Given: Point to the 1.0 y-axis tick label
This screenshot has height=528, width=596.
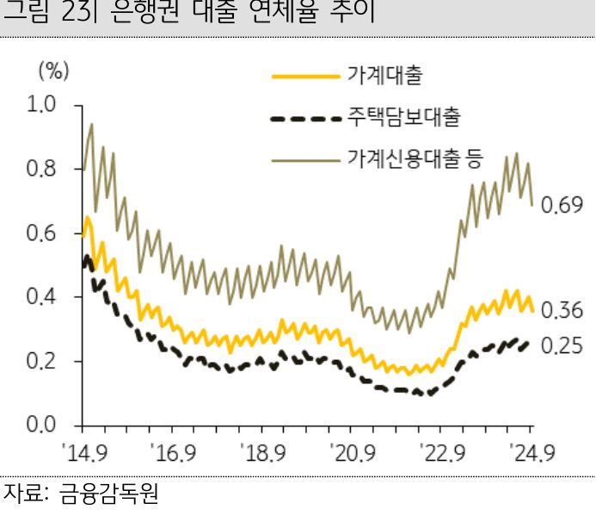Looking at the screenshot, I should (41, 105).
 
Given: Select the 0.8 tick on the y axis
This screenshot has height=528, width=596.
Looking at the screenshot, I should (41, 170).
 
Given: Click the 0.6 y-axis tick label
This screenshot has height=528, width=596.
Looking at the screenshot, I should (41, 233).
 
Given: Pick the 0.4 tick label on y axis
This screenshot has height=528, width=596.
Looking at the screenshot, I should (41, 297).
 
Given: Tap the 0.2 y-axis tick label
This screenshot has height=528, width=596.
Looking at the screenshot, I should (41, 362).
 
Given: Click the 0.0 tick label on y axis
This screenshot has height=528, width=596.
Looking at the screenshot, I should (41, 426).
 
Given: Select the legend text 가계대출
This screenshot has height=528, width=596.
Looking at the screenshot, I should (384, 77).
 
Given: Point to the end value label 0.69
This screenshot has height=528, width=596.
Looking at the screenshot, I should (563, 206).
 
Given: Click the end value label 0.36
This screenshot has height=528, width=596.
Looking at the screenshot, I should (563, 311).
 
